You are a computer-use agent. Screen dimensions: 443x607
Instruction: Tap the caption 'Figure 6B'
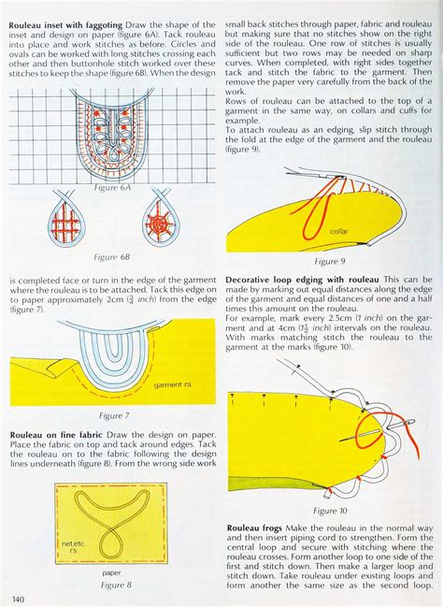click(x=105, y=256)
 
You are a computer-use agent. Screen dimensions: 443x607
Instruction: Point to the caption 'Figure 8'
click(x=112, y=585)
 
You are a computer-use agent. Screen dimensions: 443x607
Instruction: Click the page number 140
click(x=18, y=598)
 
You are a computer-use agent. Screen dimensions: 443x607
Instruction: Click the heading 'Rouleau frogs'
click(x=256, y=528)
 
